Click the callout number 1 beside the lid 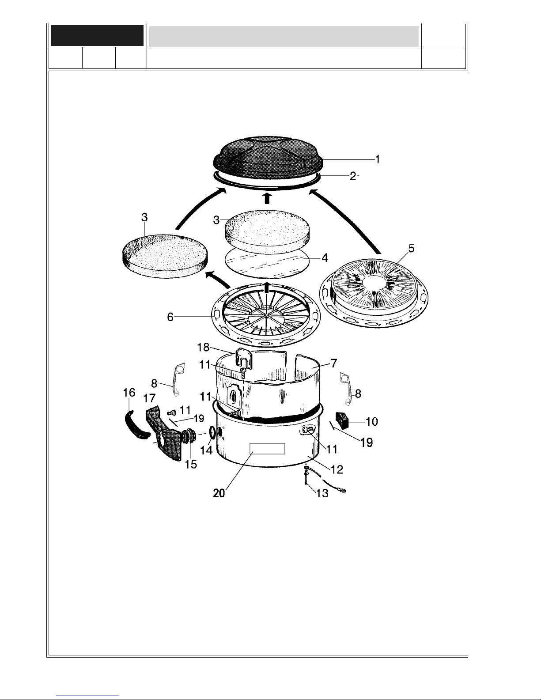click(x=378, y=159)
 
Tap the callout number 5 click(x=411, y=248)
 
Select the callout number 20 click(x=219, y=493)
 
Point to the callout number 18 click(x=203, y=347)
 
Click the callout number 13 click(x=322, y=493)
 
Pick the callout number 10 click(x=372, y=421)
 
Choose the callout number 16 click(x=129, y=392)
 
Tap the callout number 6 click(x=170, y=317)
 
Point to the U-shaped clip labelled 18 click(x=243, y=358)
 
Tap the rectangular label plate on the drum click(x=267, y=448)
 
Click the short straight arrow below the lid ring click(x=267, y=198)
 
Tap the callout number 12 click(x=337, y=469)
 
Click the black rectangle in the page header click(x=97, y=35)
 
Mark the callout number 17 click(x=149, y=398)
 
